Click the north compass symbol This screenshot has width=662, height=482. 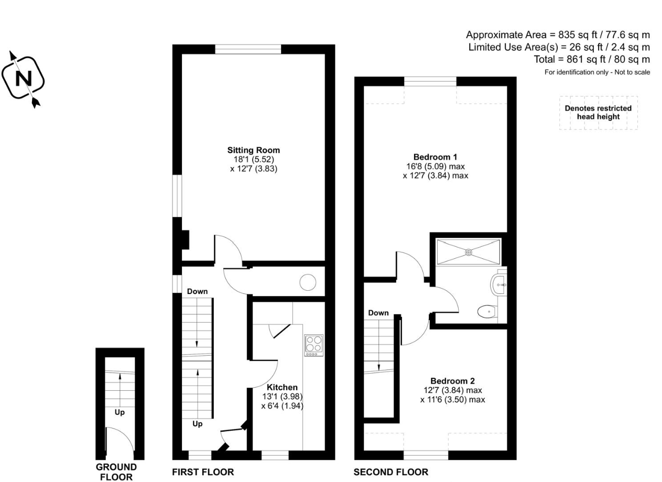pyautogui.click(x=24, y=79)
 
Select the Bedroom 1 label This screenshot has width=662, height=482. pyautogui.click(x=435, y=157)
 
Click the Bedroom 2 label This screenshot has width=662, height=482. pyautogui.click(x=452, y=381)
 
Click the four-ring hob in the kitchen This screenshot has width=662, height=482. pyautogui.click(x=314, y=345)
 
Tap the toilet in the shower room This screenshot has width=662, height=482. pyautogui.click(x=487, y=312)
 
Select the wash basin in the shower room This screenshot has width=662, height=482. pyautogui.click(x=499, y=286)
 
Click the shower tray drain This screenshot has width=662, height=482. pyautogui.click(x=469, y=252)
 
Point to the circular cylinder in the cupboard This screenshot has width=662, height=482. pyautogui.click(x=308, y=283)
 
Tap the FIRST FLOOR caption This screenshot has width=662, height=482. pyautogui.click(x=203, y=472)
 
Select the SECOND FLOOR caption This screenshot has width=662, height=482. pyautogui.click(x=390, y=472)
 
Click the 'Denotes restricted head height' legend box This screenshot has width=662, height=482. pyautogui.click(x=598, y=113)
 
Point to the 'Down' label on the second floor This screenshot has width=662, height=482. pyautogui.click(x=378, y=313)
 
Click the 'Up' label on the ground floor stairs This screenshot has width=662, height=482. pyautogui.click(x=120, y=412)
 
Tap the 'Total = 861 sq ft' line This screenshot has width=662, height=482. pyautogui.click(x=591, y=59)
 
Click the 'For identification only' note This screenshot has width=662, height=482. pyautogui.click(x=597, y=72)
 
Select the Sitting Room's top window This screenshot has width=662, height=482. pyautogui.click(x=248, y=49)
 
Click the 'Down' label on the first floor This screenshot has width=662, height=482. pyautogui.click(x=197, y=291)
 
